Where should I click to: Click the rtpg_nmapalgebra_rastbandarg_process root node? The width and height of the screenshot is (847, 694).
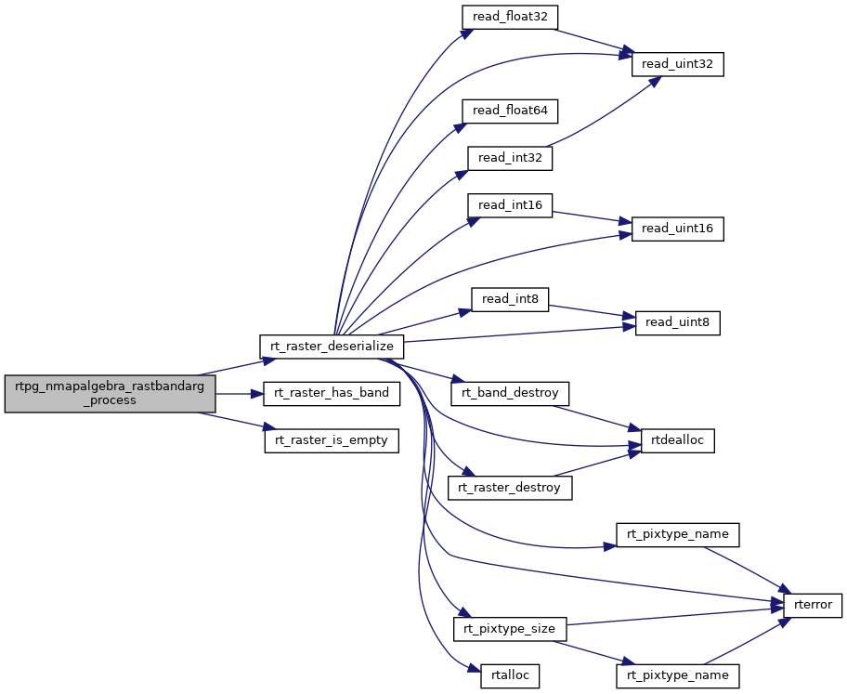tap(110, 394)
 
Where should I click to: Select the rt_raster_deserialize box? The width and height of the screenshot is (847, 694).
tap(332, 347)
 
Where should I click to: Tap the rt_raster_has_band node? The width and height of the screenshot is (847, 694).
tap(332, 394)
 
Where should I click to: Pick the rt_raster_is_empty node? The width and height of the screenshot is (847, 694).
tap(332, 440)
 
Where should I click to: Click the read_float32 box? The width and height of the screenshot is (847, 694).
tap(510, 18)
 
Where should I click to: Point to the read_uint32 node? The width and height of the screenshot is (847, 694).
tap(677, 65)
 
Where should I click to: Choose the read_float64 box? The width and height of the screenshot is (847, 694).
tap(510, 111)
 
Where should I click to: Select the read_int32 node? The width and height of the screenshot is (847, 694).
tap(510, 158)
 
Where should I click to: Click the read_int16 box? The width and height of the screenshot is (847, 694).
tap(510, 205)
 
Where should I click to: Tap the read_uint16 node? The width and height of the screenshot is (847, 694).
tap(677, 229)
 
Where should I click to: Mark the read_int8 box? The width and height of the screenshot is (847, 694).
tap(510, 299)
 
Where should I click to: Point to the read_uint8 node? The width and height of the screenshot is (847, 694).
tap(677, 322)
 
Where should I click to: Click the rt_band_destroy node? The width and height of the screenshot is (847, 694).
tap(510, 393)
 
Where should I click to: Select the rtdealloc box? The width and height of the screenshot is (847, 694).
tap(677, 440)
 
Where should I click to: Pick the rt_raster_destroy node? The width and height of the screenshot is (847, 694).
tap(510, 487)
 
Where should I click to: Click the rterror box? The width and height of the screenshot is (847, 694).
tap(813, 605)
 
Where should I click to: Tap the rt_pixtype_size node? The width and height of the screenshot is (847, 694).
tap(510, 629)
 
